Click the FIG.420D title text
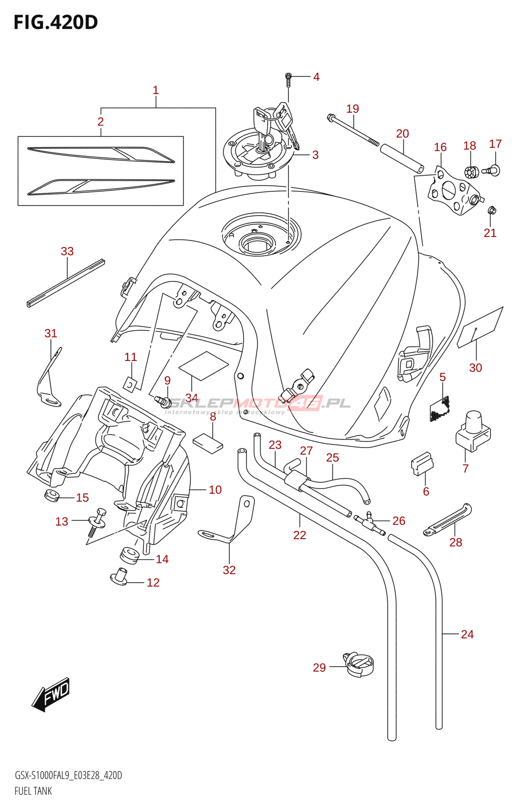(55, 22)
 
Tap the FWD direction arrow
(51, 694)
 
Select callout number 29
(319, 668)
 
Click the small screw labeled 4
(288, 78)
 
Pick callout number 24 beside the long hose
(467, 634)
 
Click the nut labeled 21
(491, 210)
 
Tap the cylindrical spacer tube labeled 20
(402, 158)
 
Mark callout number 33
(67, 251)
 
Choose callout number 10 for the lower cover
(215, 490)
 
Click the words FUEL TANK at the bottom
(33, 791)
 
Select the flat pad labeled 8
(208, 442)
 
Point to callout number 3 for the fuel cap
(315, 155)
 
